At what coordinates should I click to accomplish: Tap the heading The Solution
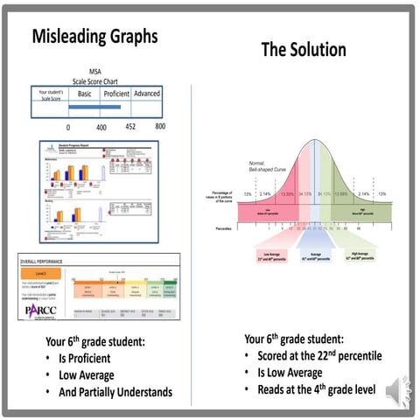click(303, 51)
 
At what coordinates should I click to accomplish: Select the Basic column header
click(85, 94)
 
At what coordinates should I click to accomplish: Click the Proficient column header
click(117, 94)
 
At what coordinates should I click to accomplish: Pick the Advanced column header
click(148, 94)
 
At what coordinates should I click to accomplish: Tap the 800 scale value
click(160, 127)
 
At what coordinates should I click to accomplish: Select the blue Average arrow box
click(302, 257)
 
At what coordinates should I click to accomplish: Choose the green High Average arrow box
click(351, 257)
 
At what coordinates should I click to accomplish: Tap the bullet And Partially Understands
click(116, 392)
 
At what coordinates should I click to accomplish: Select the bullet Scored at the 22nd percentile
click(320, 356)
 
